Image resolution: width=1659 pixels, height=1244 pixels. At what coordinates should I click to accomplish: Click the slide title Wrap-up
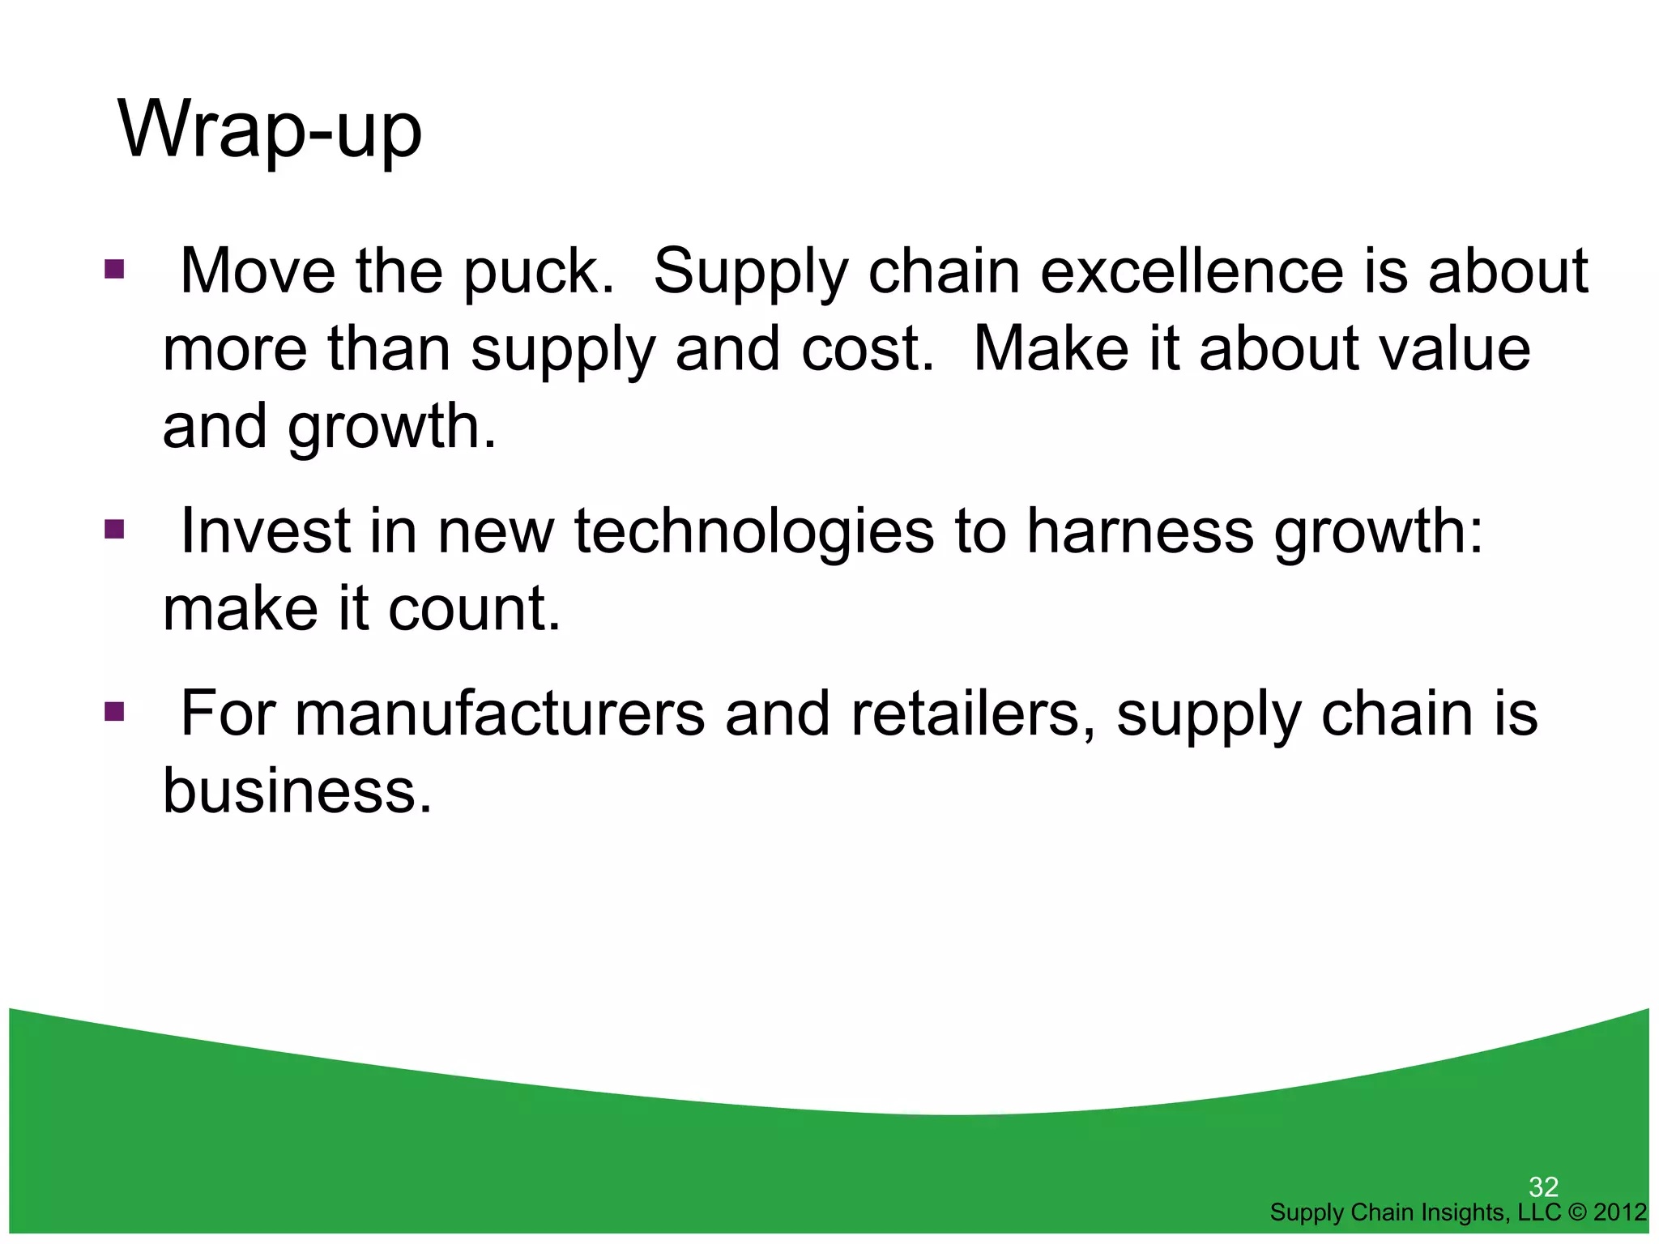[x=270, y=130]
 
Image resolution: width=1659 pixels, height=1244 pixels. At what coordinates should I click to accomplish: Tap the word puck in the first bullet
[x=537, y=271]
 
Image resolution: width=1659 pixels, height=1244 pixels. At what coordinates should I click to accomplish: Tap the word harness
[x=1140, y=531]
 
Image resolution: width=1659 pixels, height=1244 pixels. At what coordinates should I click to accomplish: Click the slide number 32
[x=1543, y=1187]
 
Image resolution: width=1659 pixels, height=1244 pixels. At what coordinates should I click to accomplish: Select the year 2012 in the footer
[x=1620, y=1212]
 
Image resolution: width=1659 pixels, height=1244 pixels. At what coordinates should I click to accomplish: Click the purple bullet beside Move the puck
[x=114, y=269]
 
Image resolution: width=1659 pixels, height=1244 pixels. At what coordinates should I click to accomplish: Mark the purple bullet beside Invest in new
[x=114, y=530]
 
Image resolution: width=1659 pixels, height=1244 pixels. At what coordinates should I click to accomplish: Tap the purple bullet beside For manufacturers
[x=114, y=713]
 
